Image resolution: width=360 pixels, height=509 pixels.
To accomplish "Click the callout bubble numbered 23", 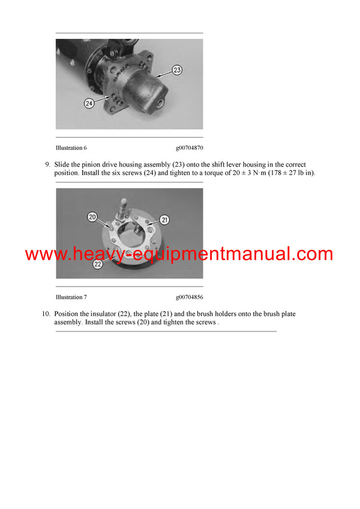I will point(177,70).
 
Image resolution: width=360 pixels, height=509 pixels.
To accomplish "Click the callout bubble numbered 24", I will point(89,103).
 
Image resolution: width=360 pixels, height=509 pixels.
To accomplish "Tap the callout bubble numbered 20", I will point(92,216).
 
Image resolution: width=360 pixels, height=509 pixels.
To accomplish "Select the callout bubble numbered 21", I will point(164,220).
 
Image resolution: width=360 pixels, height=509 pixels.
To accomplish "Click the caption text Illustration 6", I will point(71,147).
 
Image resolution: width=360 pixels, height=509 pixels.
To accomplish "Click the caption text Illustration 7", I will point(71,297).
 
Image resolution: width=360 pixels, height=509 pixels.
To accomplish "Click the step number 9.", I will point(47,164).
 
